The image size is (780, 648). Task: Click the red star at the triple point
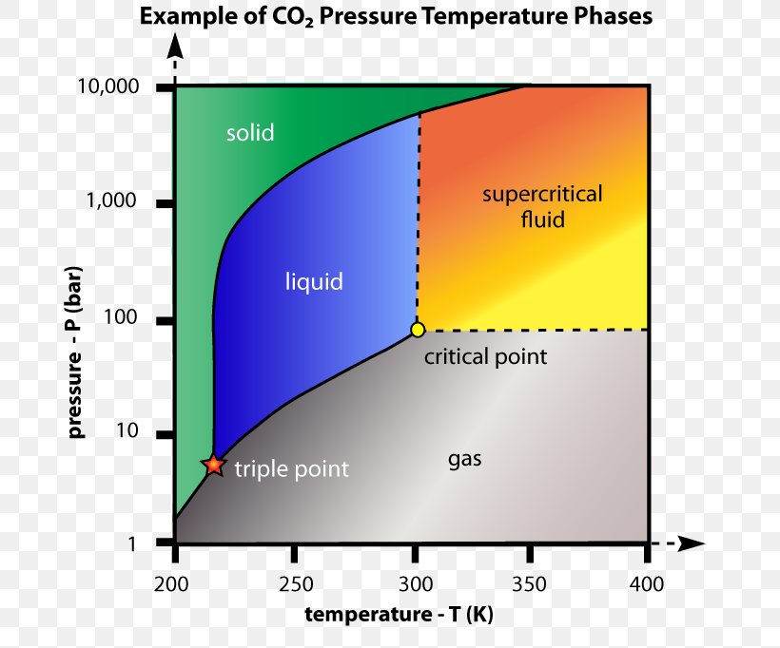pyautogui.click(x=214, y=465)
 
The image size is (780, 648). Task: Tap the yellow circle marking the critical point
pyautogui.click(x=418, y=330)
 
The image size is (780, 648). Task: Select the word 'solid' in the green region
pyautogui.click(x=250, y=133)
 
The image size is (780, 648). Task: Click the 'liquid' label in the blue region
pyautogui.click(x=314, y=281)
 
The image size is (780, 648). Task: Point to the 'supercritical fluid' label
pyautogui.click(x=542, y=207)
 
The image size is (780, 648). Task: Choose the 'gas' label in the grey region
pyautogui.click(x=465, y=460)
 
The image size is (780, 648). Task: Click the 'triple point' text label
pyautogui.click(x=291, y=468)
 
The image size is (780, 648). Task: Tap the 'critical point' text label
pyautogui.click(x=485, y=357)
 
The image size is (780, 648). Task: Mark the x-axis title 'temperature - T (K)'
pyautogui.click(x=399, y=615)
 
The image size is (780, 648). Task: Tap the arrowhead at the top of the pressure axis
pyautogui.click(x=174, y=45)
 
